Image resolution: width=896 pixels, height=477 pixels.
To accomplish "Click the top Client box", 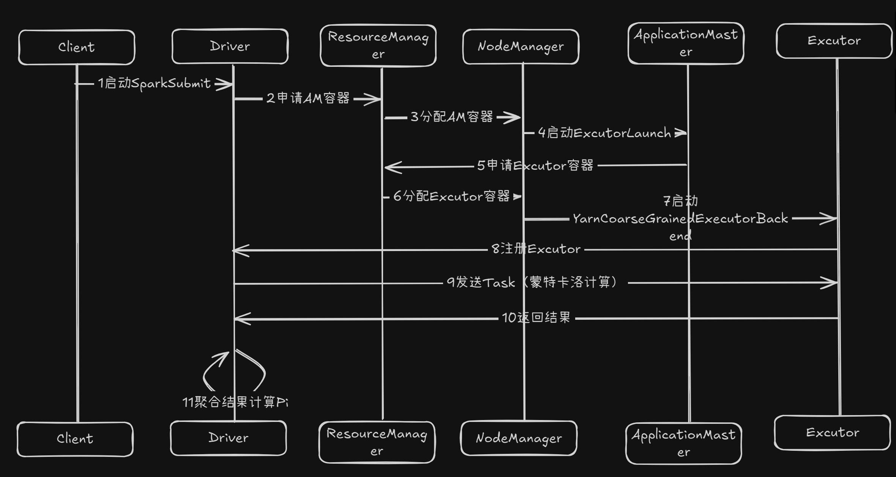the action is [x=77, y=47].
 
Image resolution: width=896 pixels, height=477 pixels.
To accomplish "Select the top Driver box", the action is [x=230, y=46].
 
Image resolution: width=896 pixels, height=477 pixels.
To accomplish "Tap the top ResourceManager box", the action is [x=378, y=46].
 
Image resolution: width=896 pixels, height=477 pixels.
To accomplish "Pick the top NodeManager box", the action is [x=521, y=47].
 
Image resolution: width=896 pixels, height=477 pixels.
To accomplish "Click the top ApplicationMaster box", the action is [x=686, y=43].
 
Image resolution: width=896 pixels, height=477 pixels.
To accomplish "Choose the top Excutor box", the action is [x=834, y=41].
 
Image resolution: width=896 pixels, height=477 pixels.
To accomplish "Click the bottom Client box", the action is [x=75, y=439].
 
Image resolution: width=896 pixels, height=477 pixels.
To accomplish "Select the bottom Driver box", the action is [x=229, y=438].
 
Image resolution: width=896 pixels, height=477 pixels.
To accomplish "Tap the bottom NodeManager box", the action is [x=519, y=438].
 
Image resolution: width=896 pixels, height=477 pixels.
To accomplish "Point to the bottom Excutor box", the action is [x=833, y=433].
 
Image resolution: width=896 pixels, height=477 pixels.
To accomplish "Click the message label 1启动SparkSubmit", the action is [x=154, y=84].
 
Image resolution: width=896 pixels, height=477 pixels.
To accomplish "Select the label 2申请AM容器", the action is [x=308, y=98].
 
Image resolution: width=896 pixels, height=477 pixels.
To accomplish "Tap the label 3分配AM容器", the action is [x=452, y=117].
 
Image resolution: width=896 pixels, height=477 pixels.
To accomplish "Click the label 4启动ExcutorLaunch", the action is [x=604, y=133].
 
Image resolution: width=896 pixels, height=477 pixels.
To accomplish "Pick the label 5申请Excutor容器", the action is [x=535, y=166].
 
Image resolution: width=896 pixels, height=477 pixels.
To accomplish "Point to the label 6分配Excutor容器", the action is [x=451, y=196].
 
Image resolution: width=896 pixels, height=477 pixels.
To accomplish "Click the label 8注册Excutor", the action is [x=536, y=249].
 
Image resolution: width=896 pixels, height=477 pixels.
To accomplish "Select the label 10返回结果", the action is [x=536, y=317].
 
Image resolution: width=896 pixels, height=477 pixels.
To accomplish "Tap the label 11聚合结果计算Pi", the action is [x=235, y=402].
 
